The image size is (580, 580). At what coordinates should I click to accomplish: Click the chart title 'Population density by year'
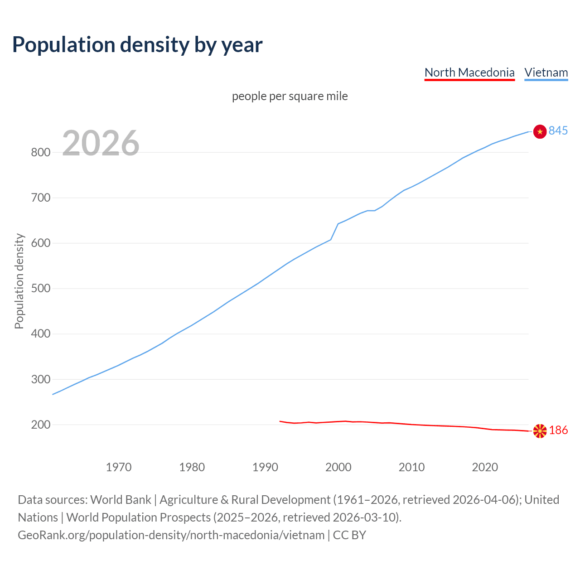[x=137, y=44]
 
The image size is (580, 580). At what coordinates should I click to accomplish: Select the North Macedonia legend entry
[x=469, y=72]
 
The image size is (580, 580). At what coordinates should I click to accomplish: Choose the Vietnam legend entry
[x=546, y=72]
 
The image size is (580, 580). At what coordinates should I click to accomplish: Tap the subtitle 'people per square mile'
[x=290, y=96]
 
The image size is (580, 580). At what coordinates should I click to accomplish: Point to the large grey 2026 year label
[x=101, y=143]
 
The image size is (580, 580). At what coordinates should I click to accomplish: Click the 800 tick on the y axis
[x=40, y=152]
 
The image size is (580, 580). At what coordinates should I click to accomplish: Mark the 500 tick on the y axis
[x=40, y=289]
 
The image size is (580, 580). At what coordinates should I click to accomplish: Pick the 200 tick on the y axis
[x=40, y=425]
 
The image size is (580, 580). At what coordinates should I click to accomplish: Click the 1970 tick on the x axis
[x=119, y=467]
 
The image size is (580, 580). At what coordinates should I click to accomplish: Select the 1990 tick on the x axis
[x=265, y=467]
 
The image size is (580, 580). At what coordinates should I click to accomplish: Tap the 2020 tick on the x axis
[x=485, y=467]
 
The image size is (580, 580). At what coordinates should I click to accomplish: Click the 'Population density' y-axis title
[x=19, y=281]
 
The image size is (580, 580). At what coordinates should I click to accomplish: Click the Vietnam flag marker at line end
[x=540, y=131]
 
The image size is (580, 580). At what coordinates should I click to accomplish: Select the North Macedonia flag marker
[x=540, y=431]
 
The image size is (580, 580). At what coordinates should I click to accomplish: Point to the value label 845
[x=558, y=131]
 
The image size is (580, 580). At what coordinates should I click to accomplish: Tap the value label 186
[x=558, y=430]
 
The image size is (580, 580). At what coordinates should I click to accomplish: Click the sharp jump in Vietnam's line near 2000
[x=334, y=232]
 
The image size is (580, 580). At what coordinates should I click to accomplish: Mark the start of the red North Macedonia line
[x=280, y=421]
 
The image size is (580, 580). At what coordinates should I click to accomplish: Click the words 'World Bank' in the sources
[x=121, y=500]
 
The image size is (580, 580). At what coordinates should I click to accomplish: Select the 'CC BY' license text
[x=349, y=535]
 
